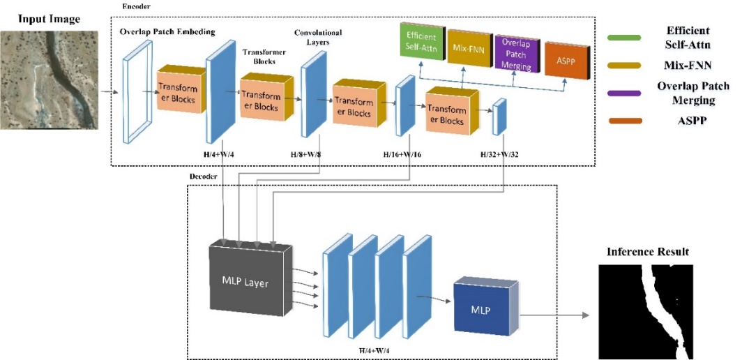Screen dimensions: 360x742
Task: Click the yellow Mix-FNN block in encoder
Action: [468, 49]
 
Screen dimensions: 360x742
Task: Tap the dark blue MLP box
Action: [482, 307]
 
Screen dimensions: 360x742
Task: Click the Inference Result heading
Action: [648, 251]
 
